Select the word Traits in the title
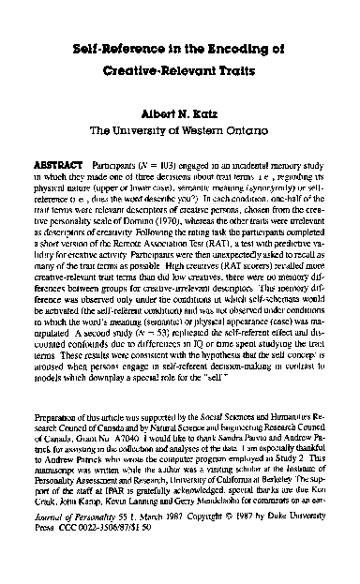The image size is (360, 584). pos(240,70)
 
